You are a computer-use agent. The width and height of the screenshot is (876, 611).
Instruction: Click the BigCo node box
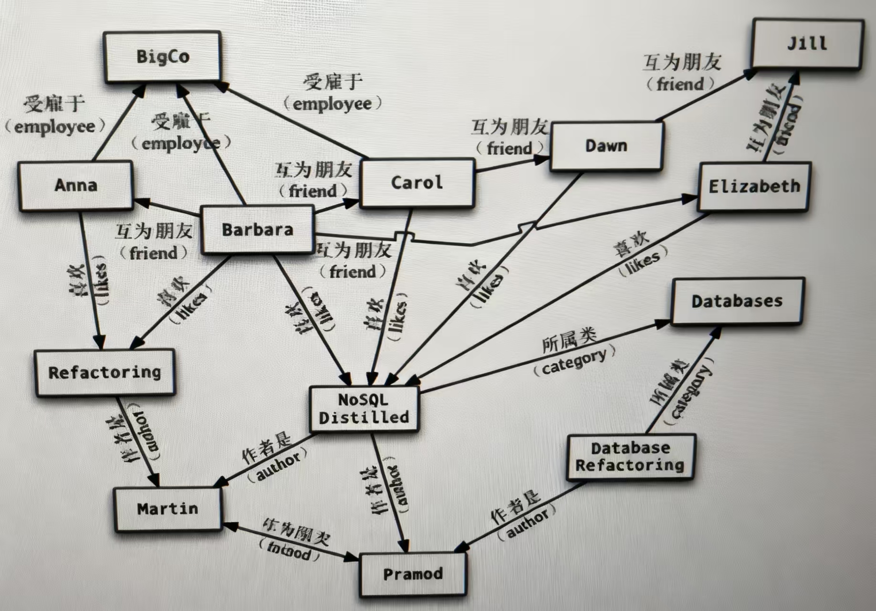click(x=162, y=57)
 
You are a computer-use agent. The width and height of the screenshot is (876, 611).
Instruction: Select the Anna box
click(x=75, y=185)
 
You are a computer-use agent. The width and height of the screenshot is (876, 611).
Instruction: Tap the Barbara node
click(x=258, y=230)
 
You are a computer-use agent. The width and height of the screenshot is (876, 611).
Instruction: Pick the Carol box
click(x=417, y=183)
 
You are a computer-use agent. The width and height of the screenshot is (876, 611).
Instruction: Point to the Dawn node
click(x=606, y=146)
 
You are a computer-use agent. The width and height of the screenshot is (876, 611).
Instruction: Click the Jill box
click(x=807, y=44)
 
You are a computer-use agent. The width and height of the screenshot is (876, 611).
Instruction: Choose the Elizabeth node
click(x=754, y=187)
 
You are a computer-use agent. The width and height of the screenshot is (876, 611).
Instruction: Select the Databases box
click(x=737, y=301)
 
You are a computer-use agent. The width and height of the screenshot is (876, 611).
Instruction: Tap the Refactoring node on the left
click(x=104, y=372)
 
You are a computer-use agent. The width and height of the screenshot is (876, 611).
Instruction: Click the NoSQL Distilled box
click(x=364, y=409)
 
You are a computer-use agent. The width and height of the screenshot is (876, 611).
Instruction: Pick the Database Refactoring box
click(x=630, y=457)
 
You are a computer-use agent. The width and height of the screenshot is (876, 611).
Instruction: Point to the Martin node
click(x=167, y=509)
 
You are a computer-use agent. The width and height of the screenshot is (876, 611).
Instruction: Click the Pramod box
click(x=413, y=574)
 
